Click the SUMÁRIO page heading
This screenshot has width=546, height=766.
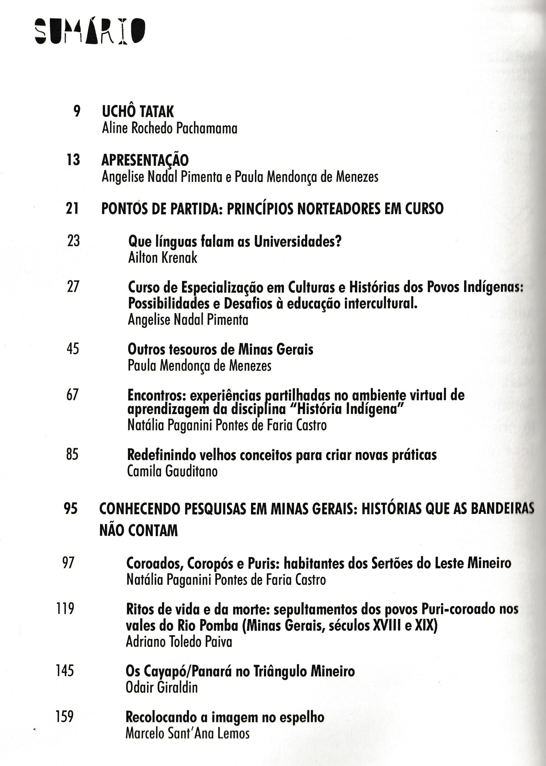coord(90,31)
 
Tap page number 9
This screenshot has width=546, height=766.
coord(77,111)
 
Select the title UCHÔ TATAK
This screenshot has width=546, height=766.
coord(138,112)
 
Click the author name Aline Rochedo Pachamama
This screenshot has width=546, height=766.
coord(169,128)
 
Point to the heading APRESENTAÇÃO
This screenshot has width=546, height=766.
coord(145,160)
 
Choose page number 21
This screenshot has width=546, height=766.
coord(72,208)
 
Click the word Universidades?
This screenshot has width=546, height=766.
coord(298,241)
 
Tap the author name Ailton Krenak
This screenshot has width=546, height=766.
coord(163,258)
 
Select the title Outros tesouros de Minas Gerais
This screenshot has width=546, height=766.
coord(220,350)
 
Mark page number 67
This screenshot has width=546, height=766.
coord(73,395)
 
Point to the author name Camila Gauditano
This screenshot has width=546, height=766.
coord(172,471)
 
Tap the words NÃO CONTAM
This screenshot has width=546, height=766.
coord(139,531)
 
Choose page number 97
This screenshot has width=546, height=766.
coord(68,563)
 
